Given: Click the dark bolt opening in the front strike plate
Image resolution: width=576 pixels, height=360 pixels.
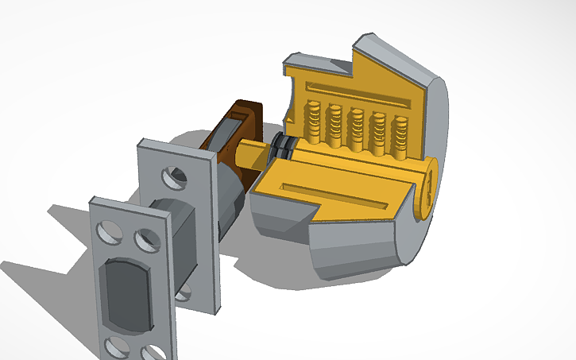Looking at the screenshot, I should tap(126, 292).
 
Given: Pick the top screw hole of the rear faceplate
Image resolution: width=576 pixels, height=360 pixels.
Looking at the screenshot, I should tap(171, 172).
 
